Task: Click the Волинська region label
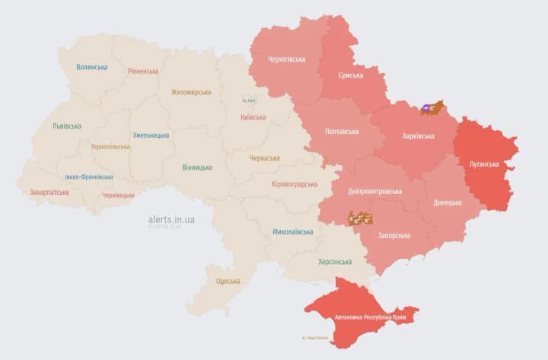[x=91, y=67]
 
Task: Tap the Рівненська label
[x=143, y=71]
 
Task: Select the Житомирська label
[x=191, y=92]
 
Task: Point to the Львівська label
[x=67, y=126]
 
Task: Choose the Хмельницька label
[x=151, y=135]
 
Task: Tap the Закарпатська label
[x=50, y=193]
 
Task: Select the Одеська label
[x=228, y=281]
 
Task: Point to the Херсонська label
[x=334, y=262]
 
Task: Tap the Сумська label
[x=351, y=75]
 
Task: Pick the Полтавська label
[x=342, y=132]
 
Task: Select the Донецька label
[x=448, y=202]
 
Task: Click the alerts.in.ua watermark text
[x=171, y=219]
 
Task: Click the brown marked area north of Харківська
[x=432, y=108]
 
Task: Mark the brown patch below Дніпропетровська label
[x=360, y=218]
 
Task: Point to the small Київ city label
[x=249, y=100]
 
